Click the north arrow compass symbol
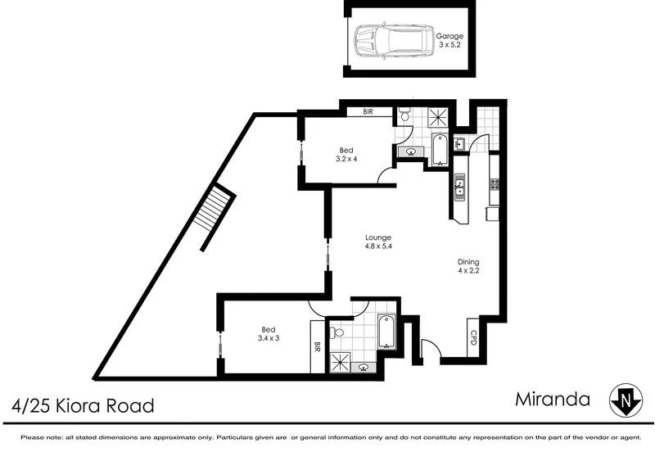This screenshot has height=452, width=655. coord(625,400)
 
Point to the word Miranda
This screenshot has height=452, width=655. coord(554,400)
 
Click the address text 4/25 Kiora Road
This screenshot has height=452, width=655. coord(83,405)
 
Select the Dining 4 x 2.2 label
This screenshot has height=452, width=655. coord(472,267)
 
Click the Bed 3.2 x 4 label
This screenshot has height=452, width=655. coord(347,154)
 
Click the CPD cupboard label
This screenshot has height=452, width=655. coord(473,337)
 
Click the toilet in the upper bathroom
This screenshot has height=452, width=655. coord(404,116)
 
